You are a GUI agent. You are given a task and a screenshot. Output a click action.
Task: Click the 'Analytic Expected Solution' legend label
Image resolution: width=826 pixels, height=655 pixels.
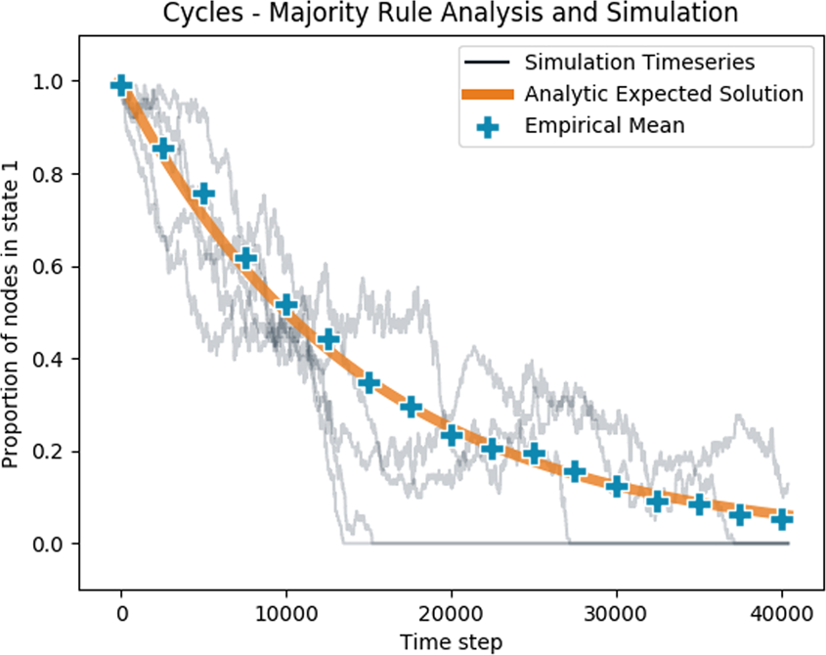(x=664, y=95)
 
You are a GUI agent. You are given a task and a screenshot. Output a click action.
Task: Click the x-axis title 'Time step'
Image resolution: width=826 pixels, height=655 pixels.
(x=451, y=641)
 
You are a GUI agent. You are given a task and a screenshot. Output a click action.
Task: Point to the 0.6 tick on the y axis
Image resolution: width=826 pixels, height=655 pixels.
(x=51, y=267)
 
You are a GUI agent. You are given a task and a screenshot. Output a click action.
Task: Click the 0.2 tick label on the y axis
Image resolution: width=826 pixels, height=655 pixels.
(x=51, y=452)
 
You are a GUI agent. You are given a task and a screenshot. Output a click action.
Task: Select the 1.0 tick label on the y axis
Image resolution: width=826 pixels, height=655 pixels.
(x=51, y=82)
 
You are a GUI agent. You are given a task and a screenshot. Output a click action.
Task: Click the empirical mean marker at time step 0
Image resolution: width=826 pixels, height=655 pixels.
(x=121, y=85)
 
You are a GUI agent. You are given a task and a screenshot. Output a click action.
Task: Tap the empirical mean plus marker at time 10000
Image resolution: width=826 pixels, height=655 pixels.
(x=286, y=305)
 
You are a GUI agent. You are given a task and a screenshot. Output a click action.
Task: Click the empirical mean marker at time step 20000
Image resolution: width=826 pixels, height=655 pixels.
(x=452, y=434)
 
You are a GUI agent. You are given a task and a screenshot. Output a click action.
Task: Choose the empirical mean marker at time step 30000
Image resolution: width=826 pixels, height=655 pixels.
(x=616, y=486)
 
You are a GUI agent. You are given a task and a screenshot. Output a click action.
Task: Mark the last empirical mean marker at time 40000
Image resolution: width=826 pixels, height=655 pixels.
(x=781, y=519)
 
